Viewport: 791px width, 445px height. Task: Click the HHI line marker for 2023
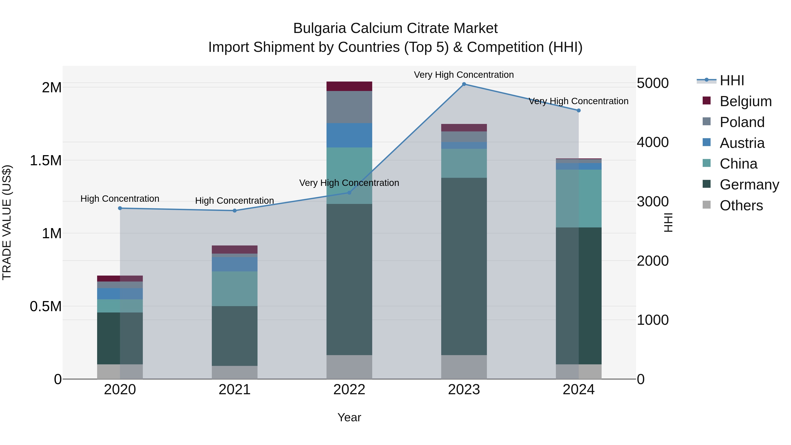pos(464,84)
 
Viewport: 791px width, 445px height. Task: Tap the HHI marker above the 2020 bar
pos(120,208)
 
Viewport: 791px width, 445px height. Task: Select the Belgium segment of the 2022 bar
pos(349,86)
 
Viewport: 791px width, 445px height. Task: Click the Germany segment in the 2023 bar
pos(464,266)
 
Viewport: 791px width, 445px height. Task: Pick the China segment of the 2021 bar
pos(235,289)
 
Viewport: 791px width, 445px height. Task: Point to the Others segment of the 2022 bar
pos(349,367)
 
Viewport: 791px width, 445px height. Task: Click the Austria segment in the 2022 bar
pos(349,135)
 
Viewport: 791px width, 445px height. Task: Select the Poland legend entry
pos(742,122)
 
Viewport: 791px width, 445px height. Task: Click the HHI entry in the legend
pos(731,80)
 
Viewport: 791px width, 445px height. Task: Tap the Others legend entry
pos(741,205)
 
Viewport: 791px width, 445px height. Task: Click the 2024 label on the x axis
pos(579,390)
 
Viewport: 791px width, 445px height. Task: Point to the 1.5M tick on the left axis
pos(46,161)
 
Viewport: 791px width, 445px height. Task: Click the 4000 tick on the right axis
pos(653,142)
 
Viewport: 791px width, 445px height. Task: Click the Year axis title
pos(349,417)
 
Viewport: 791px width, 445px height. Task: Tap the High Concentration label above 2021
pos(235,201)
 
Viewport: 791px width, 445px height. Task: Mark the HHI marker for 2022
pos(349,193)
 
